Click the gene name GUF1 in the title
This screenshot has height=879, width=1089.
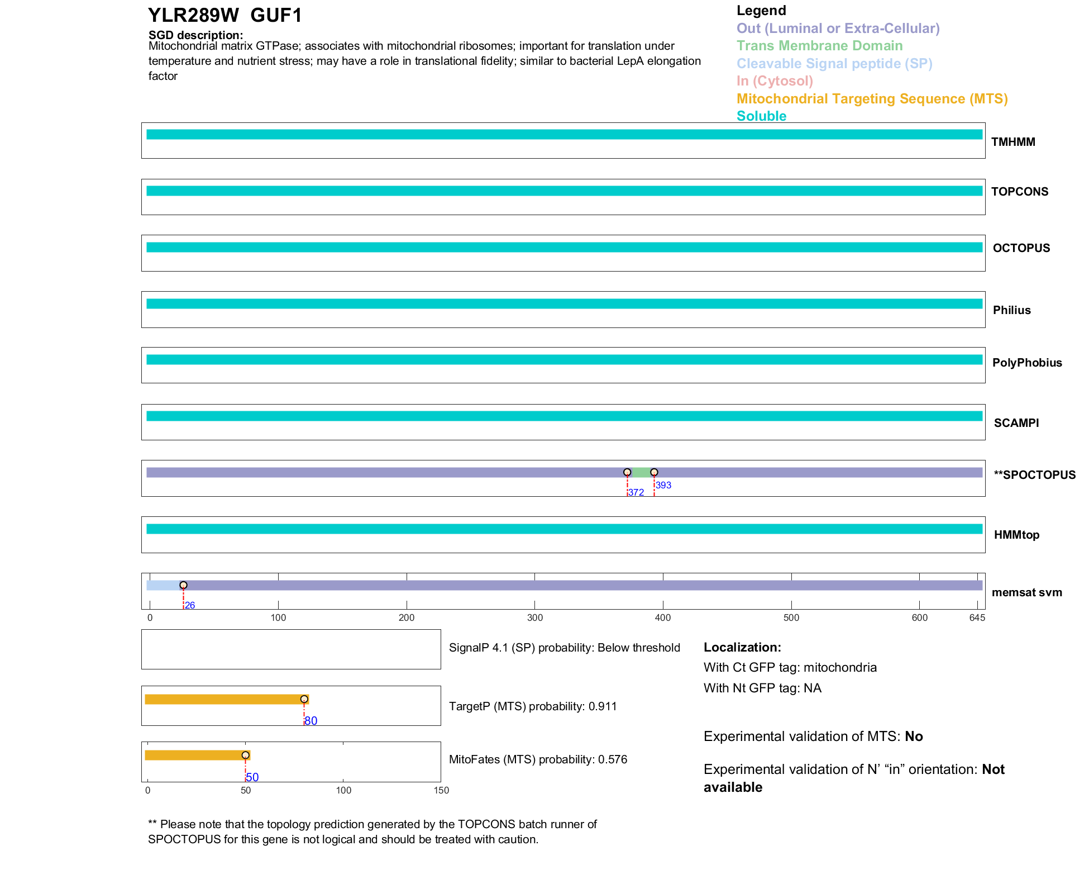[x=276, y=16]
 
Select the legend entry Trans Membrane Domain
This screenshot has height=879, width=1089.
[x=819, y=46]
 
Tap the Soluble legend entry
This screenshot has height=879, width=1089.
[x=761, y=116]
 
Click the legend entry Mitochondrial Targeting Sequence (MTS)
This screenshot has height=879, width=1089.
[x=872, y=99]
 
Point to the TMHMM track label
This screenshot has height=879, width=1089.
[x=1012, y=142]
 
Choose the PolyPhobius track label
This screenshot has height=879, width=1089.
[x=1026, y=363]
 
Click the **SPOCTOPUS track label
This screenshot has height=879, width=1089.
[x=1034, y=475]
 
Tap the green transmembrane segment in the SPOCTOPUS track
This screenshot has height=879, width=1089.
[x=641, y=473]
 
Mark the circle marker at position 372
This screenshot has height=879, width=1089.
[x=627, y=473]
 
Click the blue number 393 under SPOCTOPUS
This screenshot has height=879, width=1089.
[x=663, y=485]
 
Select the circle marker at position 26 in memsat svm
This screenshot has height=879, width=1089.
[x=183, y=585]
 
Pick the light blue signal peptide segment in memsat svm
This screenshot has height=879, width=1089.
[x=164, y=585]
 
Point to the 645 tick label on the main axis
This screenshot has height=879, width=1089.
[x=977, y=617]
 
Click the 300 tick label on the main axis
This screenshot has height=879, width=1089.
[x=534, y=617]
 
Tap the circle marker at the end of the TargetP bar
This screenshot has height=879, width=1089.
[x=304, y=699]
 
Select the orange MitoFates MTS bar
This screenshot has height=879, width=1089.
[x=195, y=756]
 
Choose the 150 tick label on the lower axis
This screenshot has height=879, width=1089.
[x=441, y=790]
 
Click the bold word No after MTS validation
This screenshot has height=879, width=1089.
[x=914, y=737]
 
